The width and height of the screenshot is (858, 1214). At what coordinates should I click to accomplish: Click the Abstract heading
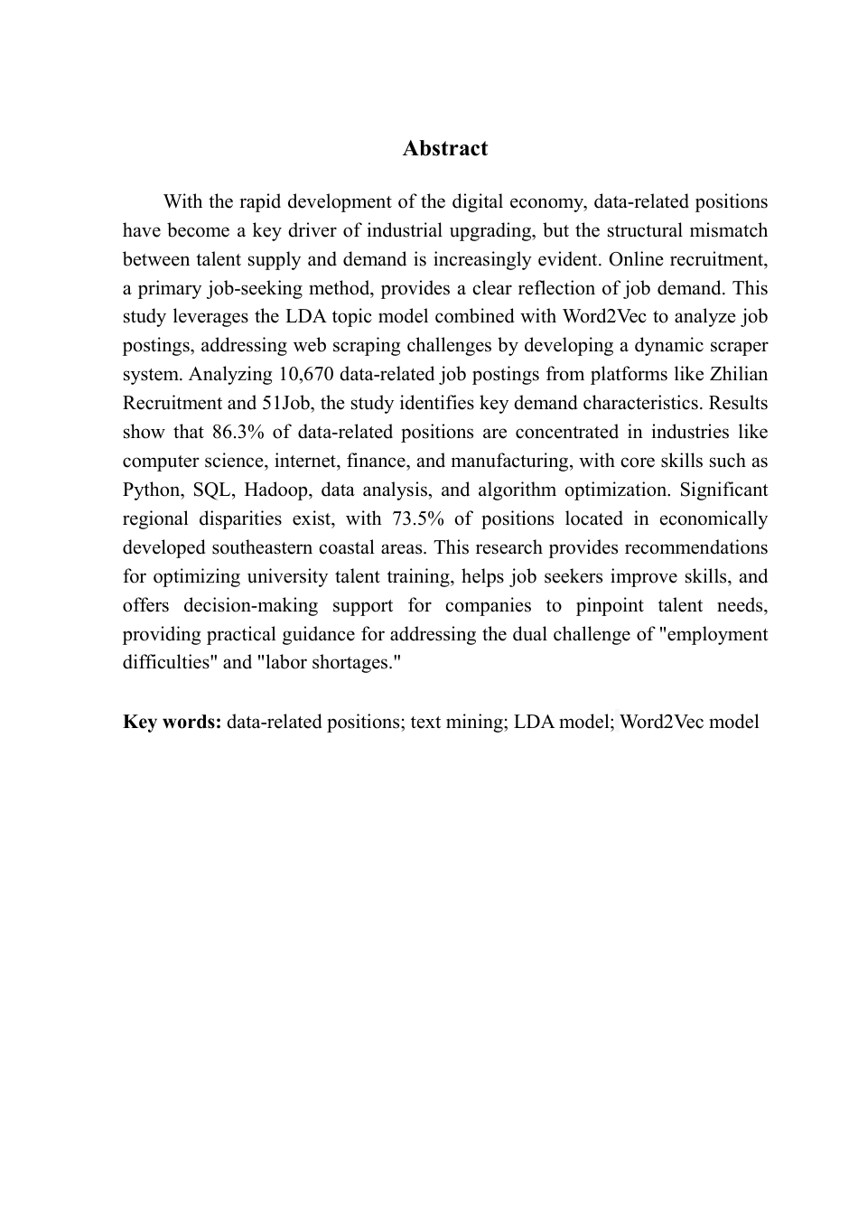coord(445,149)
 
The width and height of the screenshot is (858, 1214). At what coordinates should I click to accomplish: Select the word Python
coord(151,490)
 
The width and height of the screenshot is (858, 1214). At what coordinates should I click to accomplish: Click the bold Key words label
coord(172,722)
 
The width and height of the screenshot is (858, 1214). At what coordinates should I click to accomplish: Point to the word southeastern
coord(263,547)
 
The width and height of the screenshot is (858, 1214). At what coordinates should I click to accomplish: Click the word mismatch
coord(728,230)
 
